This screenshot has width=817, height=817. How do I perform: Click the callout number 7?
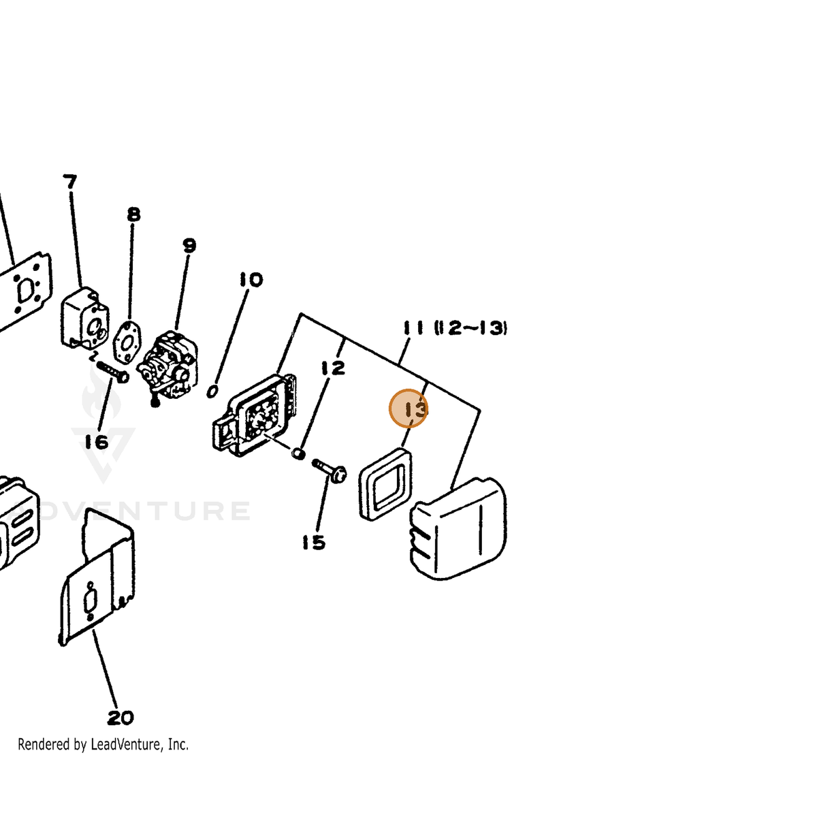point(70,182)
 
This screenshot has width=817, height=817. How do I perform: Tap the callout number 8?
point(133,214)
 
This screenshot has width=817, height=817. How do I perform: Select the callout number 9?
point(189,246)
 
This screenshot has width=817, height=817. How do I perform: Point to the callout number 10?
point(251,280)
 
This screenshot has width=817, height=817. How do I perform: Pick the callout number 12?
point(333,368)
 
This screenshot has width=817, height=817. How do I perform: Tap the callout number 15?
point(314,543)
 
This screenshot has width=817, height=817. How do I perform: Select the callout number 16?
point(97,443)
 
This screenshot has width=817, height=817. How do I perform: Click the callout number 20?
point(121,718)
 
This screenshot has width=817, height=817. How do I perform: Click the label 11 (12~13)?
point(455,327)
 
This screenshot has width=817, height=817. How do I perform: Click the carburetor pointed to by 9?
point(168,367)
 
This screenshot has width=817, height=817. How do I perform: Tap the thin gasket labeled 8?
point(127,342)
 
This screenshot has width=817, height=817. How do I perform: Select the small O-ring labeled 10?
point(212,391)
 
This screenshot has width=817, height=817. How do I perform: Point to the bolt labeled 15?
point(330,470)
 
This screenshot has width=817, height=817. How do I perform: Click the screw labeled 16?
point(112,370)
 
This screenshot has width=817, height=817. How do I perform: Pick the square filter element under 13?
point(385,484)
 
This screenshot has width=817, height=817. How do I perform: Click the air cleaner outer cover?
point(458,528)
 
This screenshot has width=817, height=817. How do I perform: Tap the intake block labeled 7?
point(85,318)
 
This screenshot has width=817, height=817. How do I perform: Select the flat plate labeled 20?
point(97,577)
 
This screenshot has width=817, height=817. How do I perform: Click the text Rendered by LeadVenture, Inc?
point(103,756)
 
